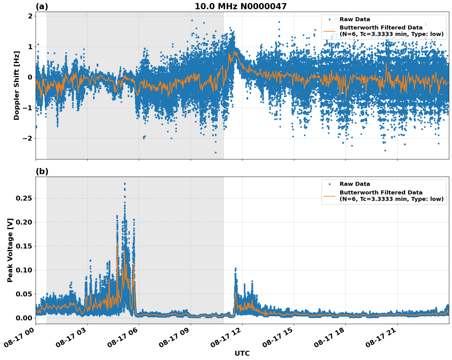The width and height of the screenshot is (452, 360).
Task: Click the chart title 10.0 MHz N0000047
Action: (x=240, y=6)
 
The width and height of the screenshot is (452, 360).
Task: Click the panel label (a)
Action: (x=42, y=6)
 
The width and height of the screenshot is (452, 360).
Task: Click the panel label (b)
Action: (x=42, y=171)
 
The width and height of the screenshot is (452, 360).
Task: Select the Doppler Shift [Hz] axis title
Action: (x=17, y=85)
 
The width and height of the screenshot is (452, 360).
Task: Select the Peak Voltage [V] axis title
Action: (x=10, y=250)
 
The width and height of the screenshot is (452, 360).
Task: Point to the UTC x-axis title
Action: (x=242, y=353)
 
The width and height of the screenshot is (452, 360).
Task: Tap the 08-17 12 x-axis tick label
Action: (x=228, y=337)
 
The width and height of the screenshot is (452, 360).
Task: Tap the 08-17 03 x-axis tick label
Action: (x=72, y=337)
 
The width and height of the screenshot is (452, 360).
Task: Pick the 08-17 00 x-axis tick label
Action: (x=21, y=337)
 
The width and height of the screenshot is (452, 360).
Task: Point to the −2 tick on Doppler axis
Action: (x=27, y=138)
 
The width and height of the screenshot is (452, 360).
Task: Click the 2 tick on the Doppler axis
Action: (x=30, y=16)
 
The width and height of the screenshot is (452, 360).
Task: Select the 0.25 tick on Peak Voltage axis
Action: (x=24, y=198)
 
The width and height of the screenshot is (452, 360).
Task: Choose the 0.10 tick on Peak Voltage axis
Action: (x=24, y=270)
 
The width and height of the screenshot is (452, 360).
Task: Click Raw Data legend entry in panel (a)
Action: (x=355, y=19)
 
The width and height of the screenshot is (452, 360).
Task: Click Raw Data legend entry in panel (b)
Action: (x=355, y=184)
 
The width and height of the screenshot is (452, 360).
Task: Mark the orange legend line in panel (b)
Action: (x=329, y=196)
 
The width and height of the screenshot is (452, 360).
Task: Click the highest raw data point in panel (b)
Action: (x=125, y=184)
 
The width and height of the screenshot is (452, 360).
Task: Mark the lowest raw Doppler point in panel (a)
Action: (x=216, y=152)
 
